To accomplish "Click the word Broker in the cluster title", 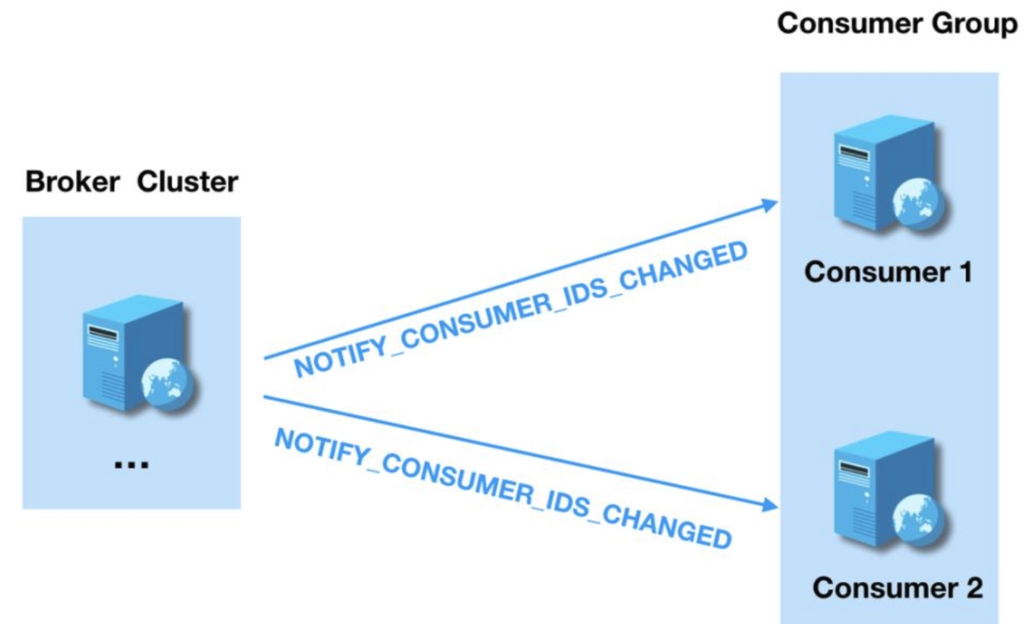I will [x=72, y=182].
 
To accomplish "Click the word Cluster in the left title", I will [x=187, y=182].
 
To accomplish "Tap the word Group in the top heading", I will [x=975, y=24].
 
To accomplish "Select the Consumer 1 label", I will [x=888, y=272].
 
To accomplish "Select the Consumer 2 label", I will [x=897, y=588].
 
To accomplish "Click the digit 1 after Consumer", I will [x=964, y=272].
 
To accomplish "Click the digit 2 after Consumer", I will [x=974, y=588].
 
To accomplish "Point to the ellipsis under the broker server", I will [x=131, y=465].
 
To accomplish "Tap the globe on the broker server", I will [x=168, y=384].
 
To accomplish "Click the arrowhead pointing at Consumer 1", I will [x=770, y=205].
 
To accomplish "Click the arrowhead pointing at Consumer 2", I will [x=770, y=505].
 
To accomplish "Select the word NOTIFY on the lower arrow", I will [x=322, y=445].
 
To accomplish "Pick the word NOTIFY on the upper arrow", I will [x=342, y=358].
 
